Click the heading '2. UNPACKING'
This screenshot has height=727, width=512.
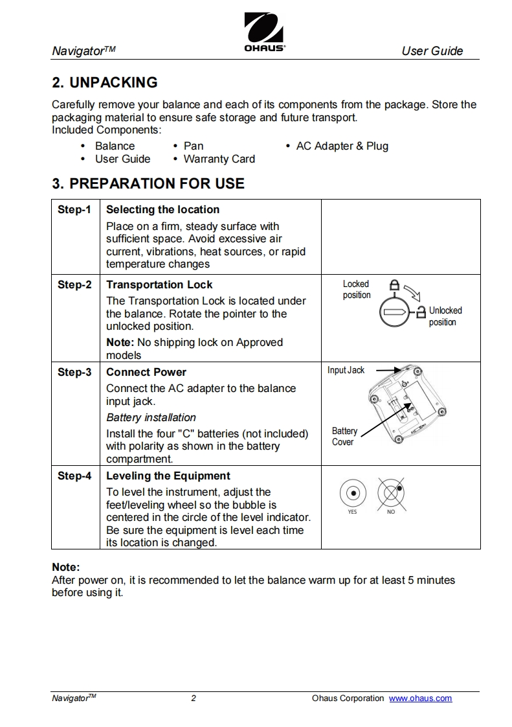(x=104, y=82)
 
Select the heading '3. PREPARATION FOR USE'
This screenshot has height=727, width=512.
(x=148, y=183)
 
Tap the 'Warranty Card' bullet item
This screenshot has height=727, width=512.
(x=219, y=159)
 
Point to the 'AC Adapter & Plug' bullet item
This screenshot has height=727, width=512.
(x=342, y=146)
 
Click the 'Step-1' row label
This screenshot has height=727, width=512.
(x=74, y=209)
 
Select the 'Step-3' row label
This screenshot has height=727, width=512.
(x=74, y=372)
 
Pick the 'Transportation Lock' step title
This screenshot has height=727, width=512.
(x=159, y=284)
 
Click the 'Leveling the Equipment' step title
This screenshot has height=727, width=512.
(x=168, y=476)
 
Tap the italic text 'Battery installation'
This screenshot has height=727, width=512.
(x=151, y=417)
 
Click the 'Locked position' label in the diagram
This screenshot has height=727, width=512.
(x=357, y=290)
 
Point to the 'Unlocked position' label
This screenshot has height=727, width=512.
(x=445, y=316)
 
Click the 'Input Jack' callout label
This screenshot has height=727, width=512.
(x=346, y=370)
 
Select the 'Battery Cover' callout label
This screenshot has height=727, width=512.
(x=344, y=436)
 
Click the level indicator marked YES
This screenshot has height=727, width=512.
(x=353, y=494)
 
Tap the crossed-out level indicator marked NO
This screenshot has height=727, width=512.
(x=391, y=494)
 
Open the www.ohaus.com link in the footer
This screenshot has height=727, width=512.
(x=420, y=698)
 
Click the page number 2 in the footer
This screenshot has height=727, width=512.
(x=194, y=698)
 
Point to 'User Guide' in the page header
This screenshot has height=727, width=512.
(x=432, y=51)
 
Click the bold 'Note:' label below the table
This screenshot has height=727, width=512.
(x=65, y=567)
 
